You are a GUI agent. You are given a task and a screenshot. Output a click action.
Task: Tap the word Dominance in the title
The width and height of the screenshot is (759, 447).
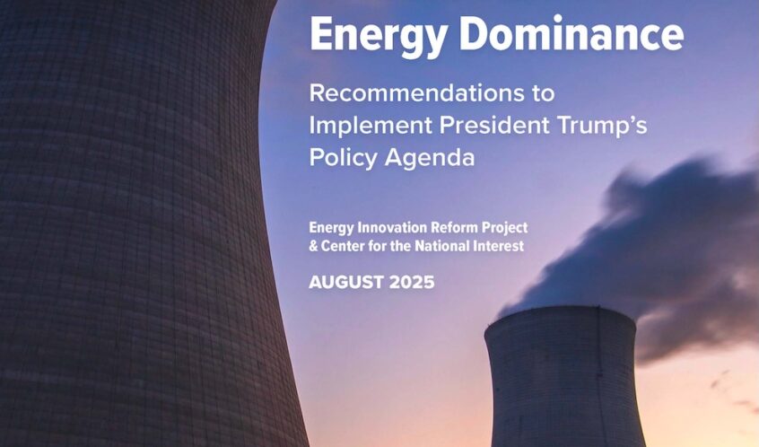coord(571,32)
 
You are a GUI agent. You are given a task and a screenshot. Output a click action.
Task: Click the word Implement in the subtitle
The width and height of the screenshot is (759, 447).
coord(371,126)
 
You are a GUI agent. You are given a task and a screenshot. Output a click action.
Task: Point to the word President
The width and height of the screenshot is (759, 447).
coord(494,125)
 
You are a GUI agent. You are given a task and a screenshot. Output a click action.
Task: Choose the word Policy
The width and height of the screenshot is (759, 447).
coord(344,158)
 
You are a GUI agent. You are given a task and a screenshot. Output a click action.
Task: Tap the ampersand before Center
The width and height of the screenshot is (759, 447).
coord(314,247)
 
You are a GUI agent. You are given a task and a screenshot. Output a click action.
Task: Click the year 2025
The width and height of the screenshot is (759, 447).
coord(412,283)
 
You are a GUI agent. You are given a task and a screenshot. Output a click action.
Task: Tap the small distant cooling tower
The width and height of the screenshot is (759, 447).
coord(563,377)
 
